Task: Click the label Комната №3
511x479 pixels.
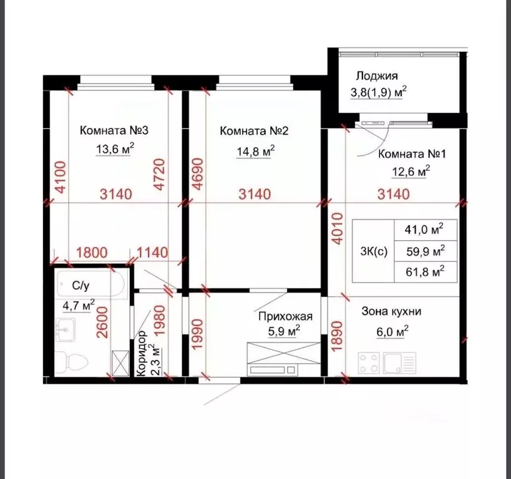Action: point(114,130)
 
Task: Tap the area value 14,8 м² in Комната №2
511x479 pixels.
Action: point(256,151)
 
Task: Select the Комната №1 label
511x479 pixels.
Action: point(412,154)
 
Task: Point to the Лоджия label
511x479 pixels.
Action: point(377,75)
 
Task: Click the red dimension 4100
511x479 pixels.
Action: point(61,177)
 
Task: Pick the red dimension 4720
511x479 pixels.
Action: point(160,175)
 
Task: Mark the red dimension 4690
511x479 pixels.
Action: point(198,174)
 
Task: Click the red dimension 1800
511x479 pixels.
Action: point(92,253)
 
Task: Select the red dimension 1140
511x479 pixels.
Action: point(152,253)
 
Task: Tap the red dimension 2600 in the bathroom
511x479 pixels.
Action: point(102,322)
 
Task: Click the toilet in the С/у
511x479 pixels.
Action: point(72,362)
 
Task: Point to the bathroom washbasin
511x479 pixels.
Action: point(65,329)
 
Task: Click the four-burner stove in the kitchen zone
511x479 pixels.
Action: point(369,363)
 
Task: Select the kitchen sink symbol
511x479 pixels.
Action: point(400,363)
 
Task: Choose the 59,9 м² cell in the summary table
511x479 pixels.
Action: point(426,251)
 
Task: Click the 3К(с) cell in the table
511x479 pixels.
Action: point(374,251)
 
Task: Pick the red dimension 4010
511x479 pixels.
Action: point(338,228)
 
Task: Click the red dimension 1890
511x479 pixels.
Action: point(338,336)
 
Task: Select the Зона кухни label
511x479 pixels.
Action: point(391,311)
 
